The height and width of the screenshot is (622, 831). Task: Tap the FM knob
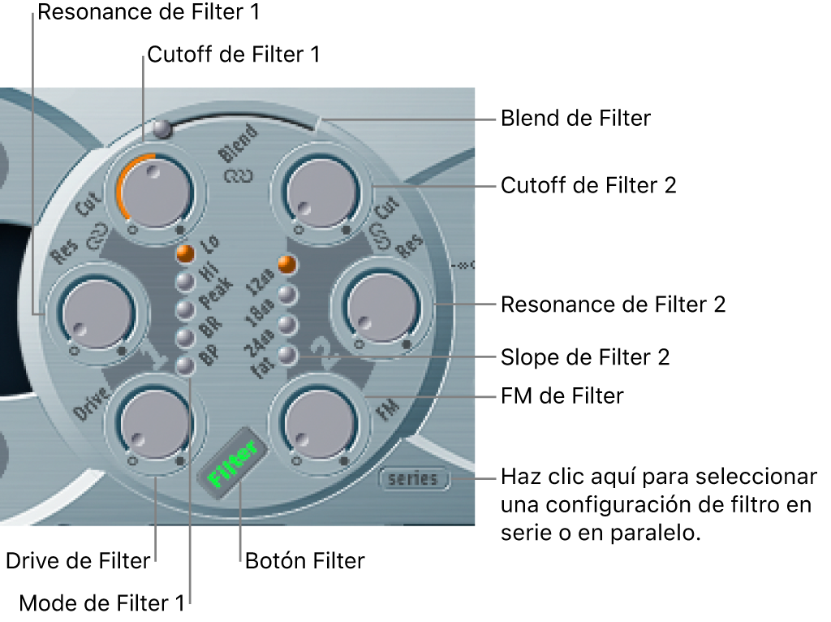(317, 422)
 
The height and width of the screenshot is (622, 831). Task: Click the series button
(413, 479)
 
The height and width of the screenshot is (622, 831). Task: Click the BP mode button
(186, 365)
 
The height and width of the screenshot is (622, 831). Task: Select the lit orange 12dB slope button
(286, 264)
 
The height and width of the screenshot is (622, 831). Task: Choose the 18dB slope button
(286, 295)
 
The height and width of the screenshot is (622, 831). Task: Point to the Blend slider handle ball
(162, 127)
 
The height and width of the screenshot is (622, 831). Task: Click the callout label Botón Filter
(305, 560)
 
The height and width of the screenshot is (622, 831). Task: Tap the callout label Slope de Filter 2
(585, 356)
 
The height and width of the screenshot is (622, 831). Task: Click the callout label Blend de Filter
(575, 119)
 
